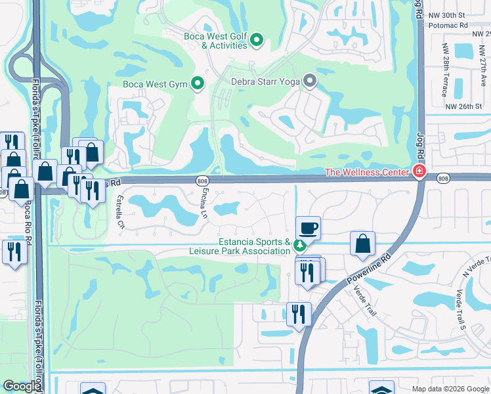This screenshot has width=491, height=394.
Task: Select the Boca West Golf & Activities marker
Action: [257, 41]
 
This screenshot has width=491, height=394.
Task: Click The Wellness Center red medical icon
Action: [418, 172]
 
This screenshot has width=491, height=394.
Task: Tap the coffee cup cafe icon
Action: [308, 228]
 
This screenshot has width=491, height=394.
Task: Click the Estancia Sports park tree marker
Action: [299, 246]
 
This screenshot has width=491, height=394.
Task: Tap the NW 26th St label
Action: [463, 106]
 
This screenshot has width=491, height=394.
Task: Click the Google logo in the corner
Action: [22, 386]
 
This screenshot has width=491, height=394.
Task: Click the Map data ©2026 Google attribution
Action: [450, 389]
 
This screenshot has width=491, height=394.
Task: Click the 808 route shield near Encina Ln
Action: [202, 180]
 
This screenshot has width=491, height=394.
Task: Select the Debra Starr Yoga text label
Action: [265, 82]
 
